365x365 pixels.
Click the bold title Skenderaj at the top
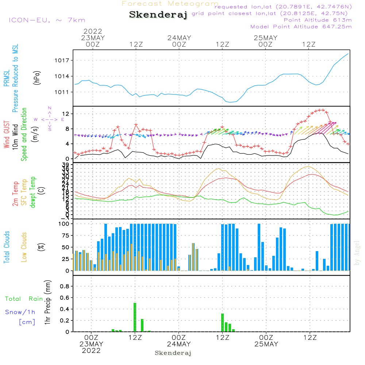coord(158,15)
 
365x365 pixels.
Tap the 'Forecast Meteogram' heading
coord(170,4)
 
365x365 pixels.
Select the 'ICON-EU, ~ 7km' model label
coord(47,20)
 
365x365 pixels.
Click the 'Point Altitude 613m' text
coord(318,20)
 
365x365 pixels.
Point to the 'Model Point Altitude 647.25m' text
coord(301,27)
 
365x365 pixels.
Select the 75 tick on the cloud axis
coord(67,235)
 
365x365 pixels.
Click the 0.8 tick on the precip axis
coord(65,287)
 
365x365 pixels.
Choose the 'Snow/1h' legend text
coord(20,312)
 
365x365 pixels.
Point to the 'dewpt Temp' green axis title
coord(33,192)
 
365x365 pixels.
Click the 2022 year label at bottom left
coord(91,351)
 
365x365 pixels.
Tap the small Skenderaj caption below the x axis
coord(173,353)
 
